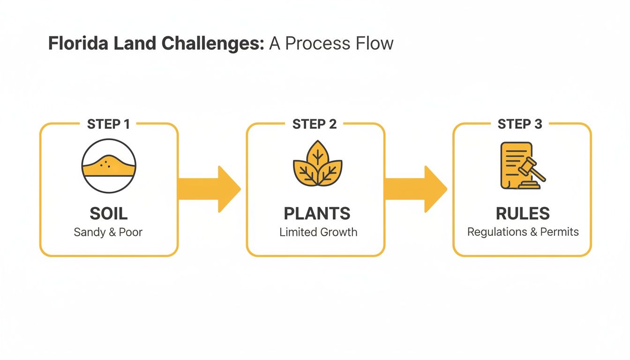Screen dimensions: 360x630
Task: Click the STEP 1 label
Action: click(x=108, y=124)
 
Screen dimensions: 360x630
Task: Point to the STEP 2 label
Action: click(x=315, y=124)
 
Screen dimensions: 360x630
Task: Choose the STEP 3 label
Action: click(x=520, y=124)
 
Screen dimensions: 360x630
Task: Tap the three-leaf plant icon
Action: click(x=317, y=164)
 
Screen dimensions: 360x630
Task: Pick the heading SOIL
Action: click(x=108, y=214)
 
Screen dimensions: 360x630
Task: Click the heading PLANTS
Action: click(x=317, y=214)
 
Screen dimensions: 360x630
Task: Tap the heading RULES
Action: click(x=523, y=214)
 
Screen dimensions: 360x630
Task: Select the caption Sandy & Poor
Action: click(x=108, y=232)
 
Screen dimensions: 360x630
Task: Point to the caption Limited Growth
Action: click(x=318, y=232)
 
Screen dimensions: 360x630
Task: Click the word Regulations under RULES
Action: click(x=497, y=232)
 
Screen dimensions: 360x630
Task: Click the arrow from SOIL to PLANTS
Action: click(x=210, y=189)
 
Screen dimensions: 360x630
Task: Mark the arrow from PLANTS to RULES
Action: click(x=416, y=189)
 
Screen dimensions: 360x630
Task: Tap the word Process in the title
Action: click(x=315, y=44)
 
